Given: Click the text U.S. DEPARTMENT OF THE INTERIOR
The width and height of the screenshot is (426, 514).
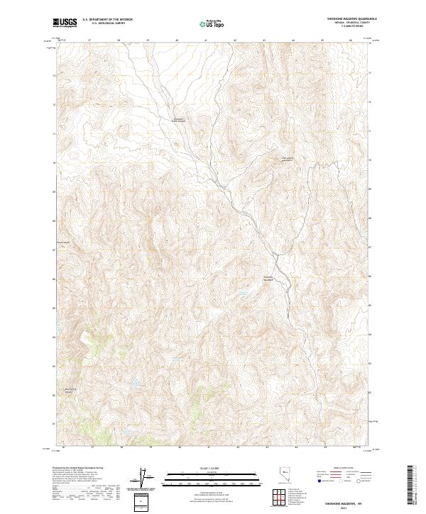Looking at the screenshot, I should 107,19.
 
